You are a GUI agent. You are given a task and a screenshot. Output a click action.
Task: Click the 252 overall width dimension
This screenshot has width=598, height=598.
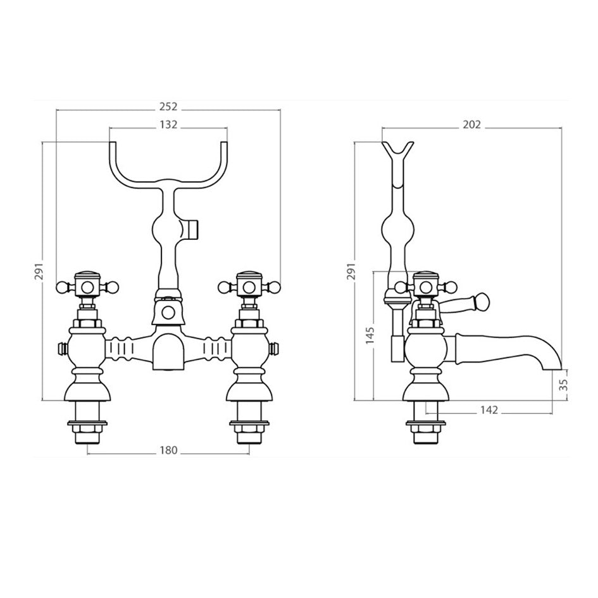tap(168, 106)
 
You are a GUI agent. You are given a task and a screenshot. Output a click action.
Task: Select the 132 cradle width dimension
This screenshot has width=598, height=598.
tap(168, 125)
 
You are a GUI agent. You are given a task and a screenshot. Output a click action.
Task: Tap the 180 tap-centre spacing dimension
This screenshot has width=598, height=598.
tap(168, 451)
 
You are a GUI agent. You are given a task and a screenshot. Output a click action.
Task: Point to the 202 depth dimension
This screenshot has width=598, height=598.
tap(472, 125)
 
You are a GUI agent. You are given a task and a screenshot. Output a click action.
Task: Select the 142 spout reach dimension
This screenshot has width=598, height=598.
tap(489, 410)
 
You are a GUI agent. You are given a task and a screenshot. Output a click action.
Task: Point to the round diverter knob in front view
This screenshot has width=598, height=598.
tap(168, 311)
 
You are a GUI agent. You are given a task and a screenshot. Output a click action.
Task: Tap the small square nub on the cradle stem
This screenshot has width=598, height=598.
tap(194, 227)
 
